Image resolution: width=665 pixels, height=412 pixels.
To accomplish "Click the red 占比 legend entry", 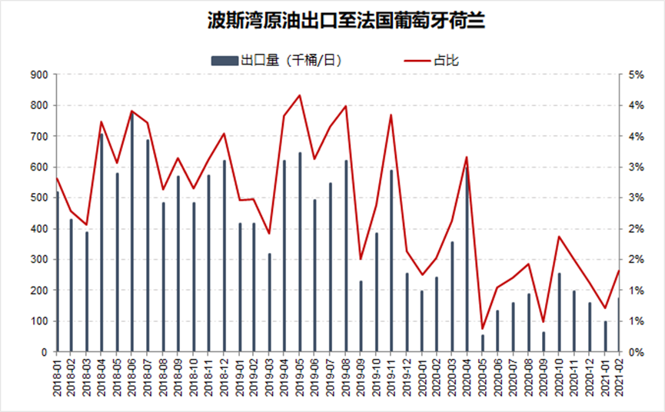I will [446, 60].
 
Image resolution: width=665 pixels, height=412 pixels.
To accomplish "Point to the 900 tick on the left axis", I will [38, 75].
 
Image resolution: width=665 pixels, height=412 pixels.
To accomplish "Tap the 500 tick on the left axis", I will [38, 198].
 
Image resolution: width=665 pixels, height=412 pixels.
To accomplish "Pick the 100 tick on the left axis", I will [38, 321].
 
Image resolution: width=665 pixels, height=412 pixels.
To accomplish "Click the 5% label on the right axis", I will [635, 75].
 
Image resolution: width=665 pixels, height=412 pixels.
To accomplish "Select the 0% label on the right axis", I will [635, 352].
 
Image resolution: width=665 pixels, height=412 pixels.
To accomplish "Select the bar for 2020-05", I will [483, 344].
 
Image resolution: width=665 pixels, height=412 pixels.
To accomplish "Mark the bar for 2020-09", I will [543, 342].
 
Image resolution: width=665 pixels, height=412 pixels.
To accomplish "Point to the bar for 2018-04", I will [101, 243].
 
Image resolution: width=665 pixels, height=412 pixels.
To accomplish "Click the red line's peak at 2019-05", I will [300, 95].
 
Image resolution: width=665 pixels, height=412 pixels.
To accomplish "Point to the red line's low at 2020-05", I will [483, 328].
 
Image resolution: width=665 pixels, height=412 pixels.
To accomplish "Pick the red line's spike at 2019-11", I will [391, 115].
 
